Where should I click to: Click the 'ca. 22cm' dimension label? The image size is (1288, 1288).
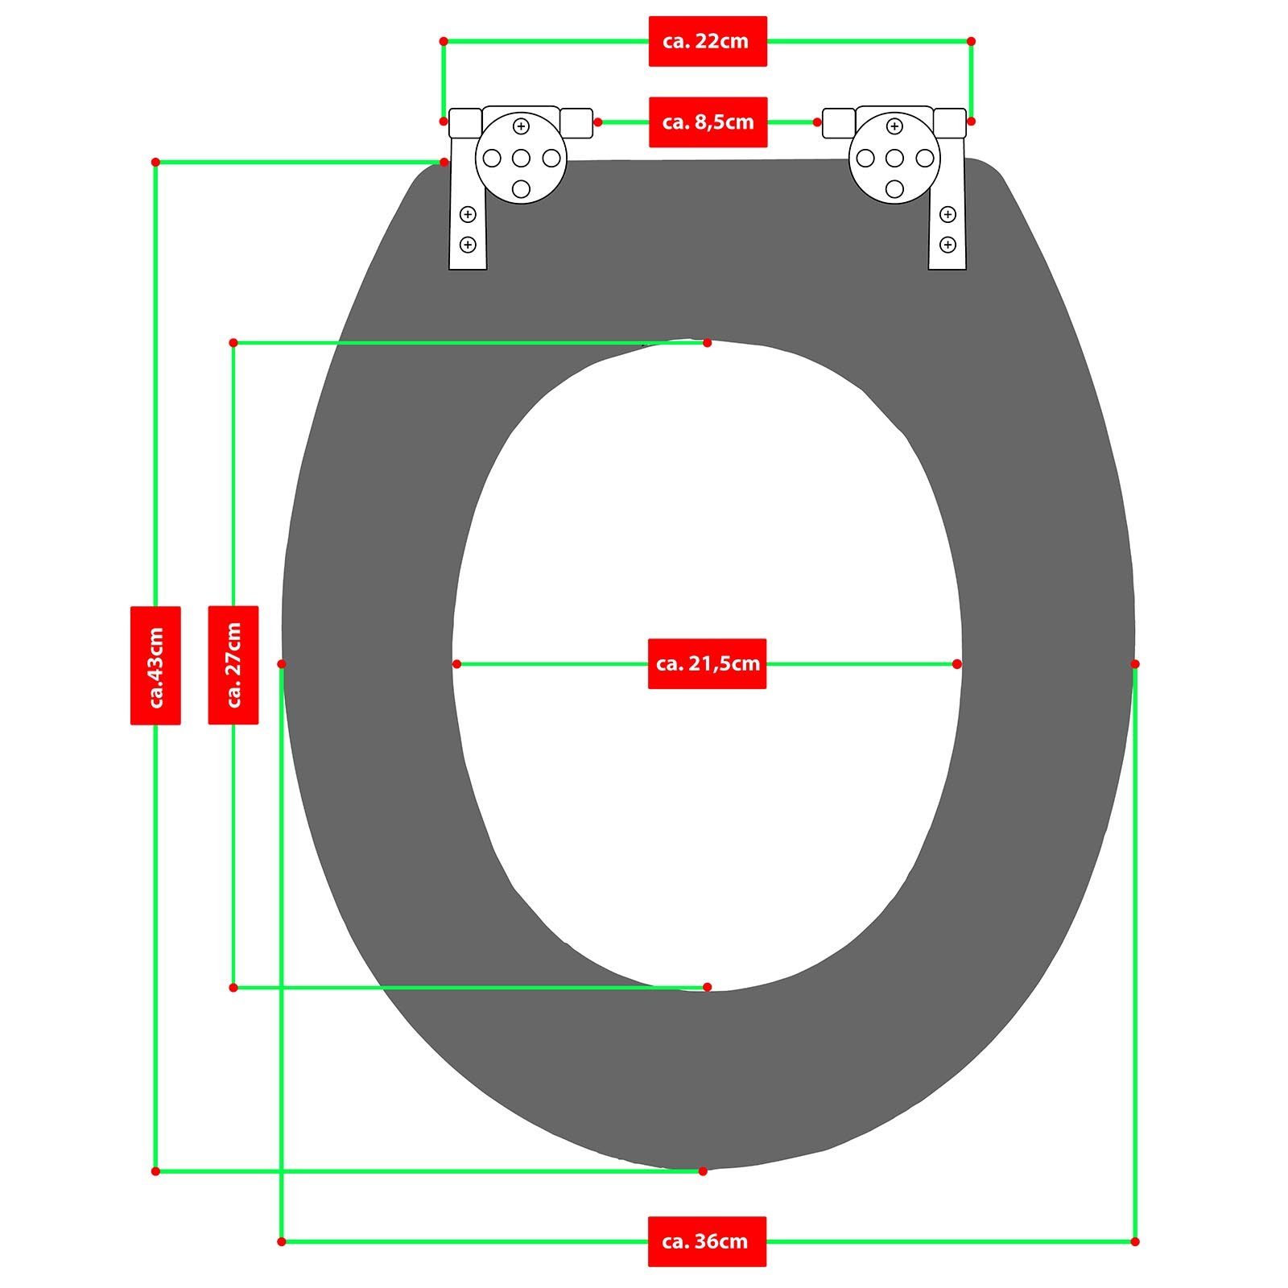click(708, 41)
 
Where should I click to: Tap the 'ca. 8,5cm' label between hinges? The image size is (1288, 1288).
click(708, 122)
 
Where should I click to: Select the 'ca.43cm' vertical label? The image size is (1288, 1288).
click(155, 665)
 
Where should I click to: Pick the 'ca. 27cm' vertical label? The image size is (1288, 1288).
click(233, 665)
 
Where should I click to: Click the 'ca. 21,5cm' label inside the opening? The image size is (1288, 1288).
click(707, 664)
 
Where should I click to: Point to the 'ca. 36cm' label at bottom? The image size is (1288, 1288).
click(707, 1241)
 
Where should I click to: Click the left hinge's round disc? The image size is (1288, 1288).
click(521, 158)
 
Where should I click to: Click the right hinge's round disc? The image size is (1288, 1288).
click(894, 158)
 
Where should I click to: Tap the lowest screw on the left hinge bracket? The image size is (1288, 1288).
click(468, 245)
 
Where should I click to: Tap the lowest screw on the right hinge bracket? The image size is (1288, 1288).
click(947, 245)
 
